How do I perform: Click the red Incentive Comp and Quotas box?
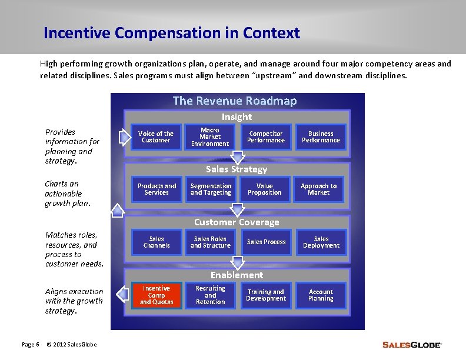157,295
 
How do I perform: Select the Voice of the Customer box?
156,137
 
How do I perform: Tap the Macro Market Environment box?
210,137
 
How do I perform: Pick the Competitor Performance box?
266,137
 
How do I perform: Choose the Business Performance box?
321,137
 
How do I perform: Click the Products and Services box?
157,189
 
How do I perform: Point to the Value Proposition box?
265,189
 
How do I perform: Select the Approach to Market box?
319,189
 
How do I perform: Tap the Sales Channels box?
157,242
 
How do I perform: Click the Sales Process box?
266,242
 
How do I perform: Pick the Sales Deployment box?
321,242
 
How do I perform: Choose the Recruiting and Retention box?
211,295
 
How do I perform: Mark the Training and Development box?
266,295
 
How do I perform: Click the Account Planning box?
321,295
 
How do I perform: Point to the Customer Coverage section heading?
237,222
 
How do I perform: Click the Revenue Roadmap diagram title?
235,101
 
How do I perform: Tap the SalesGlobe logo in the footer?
411,345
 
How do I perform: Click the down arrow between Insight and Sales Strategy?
238,157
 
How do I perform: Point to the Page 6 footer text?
30,344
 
